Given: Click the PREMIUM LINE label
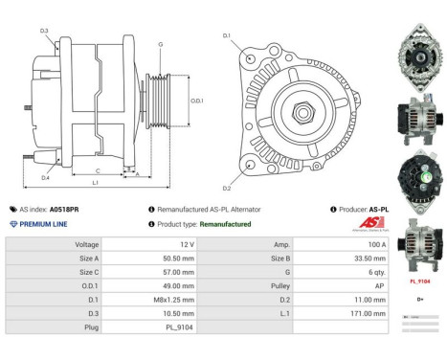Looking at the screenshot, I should click(x=45, y=223).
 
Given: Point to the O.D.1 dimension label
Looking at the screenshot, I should click(x=196, y=101).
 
